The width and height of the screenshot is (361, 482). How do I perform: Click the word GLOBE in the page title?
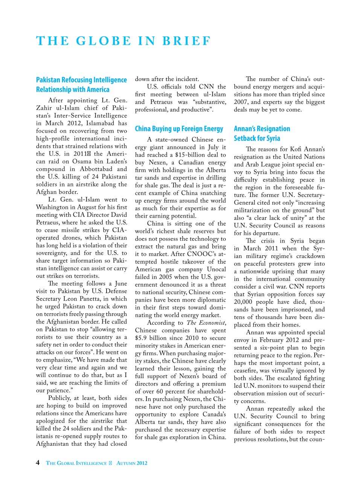pyautogui.click(x=104, y=41)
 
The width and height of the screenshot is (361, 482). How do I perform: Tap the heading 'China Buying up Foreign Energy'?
pyautogui.click(x=179, y=129)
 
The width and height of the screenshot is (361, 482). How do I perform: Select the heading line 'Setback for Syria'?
pyautogui.click(x=257, y=138)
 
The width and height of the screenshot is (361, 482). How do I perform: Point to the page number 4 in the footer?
pyautogui.click(x=38, y=462)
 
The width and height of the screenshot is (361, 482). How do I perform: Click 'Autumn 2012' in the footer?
pyautogui.click(x=132, y=463)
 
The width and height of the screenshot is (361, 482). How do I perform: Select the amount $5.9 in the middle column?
pyautogui.click(x=142, y=338)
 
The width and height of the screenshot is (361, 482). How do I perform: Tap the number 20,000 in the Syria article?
pyautogui.click(x=243, y=302)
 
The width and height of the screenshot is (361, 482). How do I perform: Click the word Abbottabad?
pyautogui.click(x=96, y=169)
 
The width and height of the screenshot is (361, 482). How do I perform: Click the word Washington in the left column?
pyautogui.click(x=52, y=207)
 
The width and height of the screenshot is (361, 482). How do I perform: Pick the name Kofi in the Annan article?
pyautogui.click(x=296, y=149)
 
